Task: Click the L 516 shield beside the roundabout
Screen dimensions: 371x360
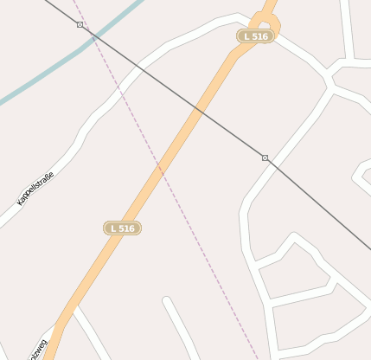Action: [256, 36]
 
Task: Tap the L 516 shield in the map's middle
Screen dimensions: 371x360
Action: [122, 228]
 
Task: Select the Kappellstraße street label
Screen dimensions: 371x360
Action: [35, 189]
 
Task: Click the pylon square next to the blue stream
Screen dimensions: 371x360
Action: [80, 25]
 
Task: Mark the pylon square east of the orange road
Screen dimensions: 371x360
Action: [265, 157]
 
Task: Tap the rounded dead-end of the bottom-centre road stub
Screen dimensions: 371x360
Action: [167, 302]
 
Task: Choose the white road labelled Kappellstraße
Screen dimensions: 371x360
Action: [69, 156]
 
